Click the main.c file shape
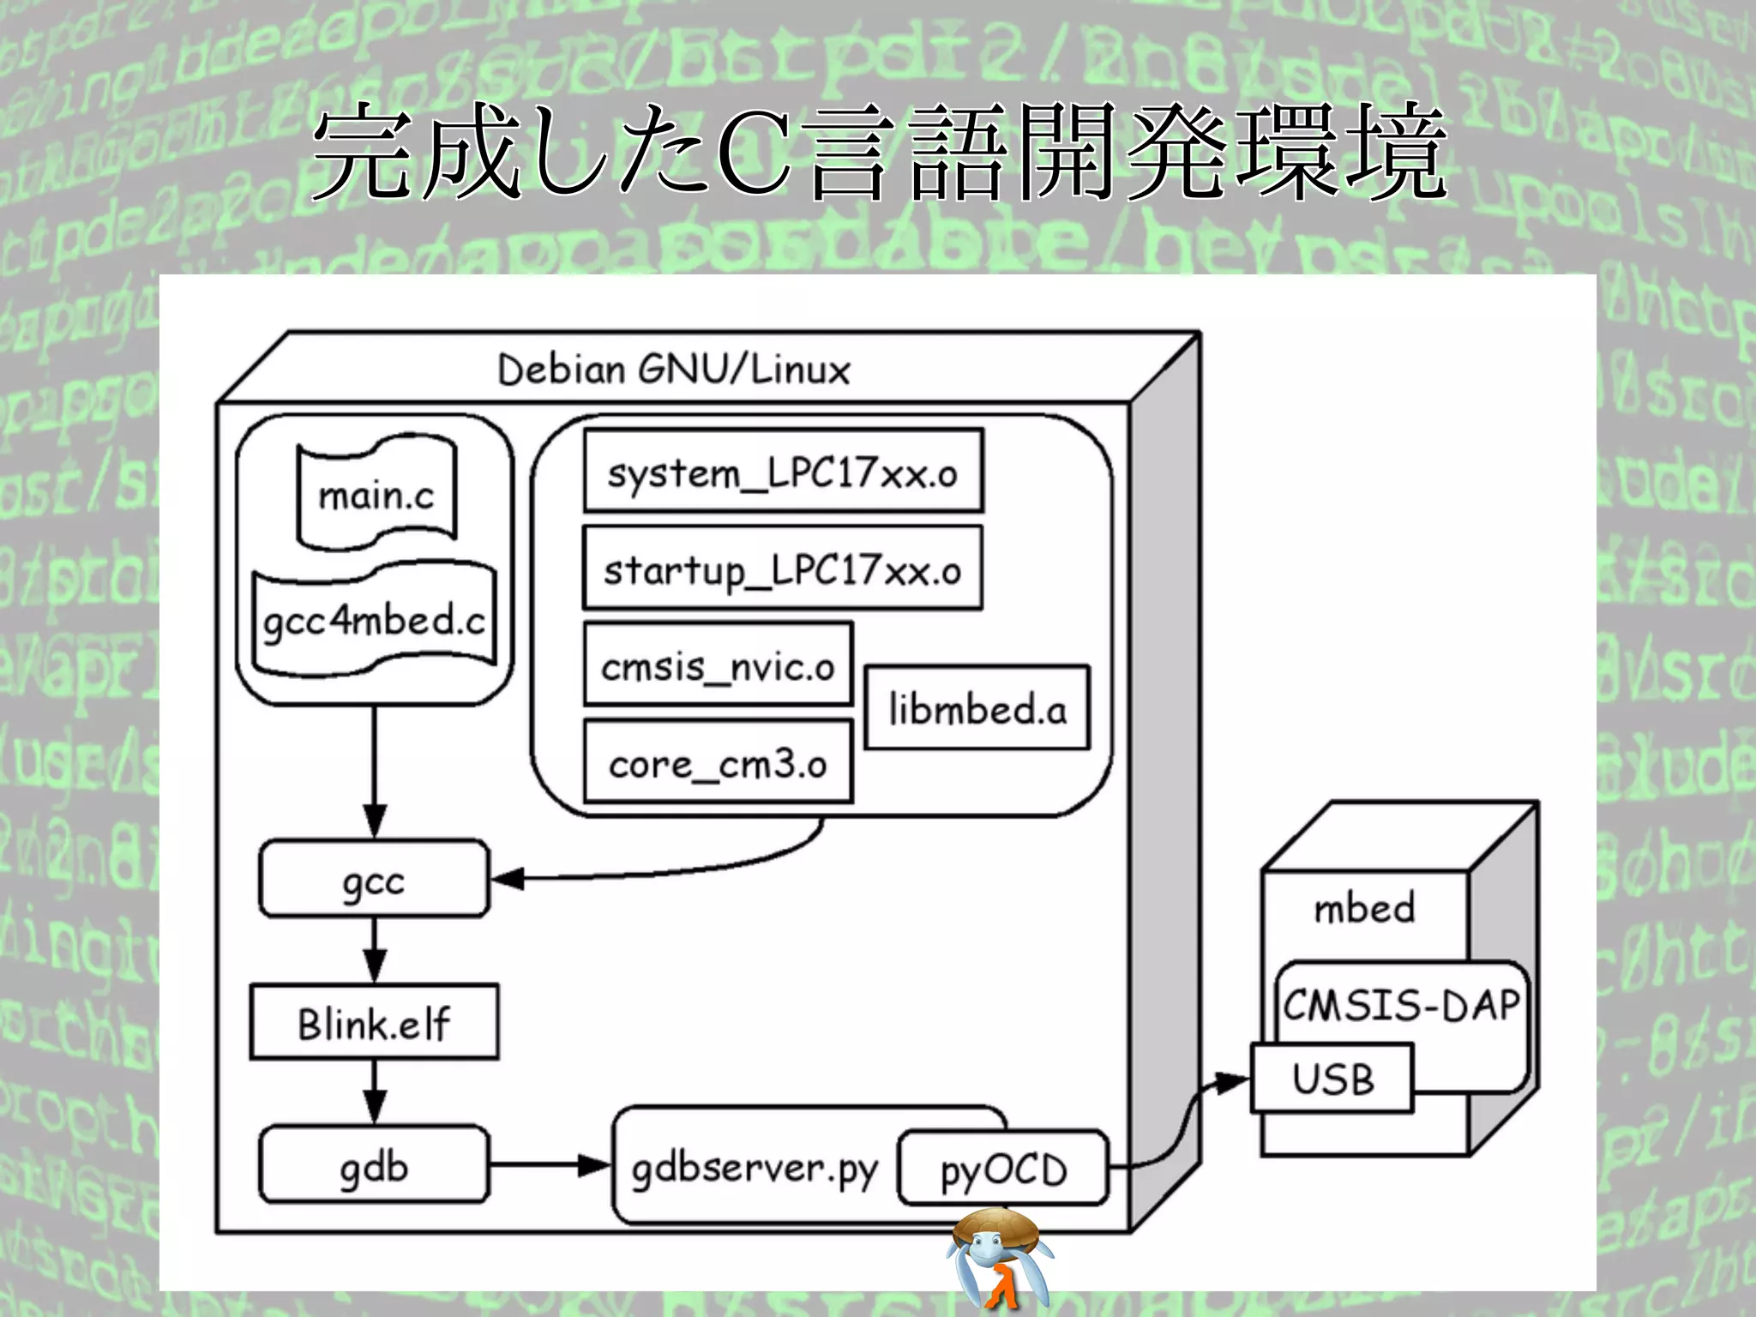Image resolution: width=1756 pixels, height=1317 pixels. tap(376, 495)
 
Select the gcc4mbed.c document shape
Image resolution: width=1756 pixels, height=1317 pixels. tap(375, 620)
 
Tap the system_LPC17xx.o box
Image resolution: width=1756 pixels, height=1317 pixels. tap(783, 472)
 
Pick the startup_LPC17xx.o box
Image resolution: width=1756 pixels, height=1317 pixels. tap(782, 569)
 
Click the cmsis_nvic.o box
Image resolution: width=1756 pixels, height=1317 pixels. tap(718, 665)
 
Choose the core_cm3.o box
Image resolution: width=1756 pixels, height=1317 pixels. tap(718, 762)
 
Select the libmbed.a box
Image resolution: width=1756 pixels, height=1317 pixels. tap(977, 708)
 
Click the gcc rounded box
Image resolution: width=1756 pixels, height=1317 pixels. tap(374, 880)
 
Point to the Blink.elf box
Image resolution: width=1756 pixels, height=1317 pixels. tap(374, 1022)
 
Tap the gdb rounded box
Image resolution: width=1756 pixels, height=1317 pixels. tap(374, 1165)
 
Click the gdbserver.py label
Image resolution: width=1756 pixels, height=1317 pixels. tap(755, 1168)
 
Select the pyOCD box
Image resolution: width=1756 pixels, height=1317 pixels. tap(1003, 1169)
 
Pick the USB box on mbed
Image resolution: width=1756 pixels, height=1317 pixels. tap(1332, 1078)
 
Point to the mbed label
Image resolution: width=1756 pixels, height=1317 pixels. tap(1363, 908)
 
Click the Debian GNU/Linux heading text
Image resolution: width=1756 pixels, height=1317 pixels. tap(674, 370)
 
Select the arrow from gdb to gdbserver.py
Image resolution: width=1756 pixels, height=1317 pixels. tap(550, 1165)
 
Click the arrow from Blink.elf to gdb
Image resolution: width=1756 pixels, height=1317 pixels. tap(375, 1091)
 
